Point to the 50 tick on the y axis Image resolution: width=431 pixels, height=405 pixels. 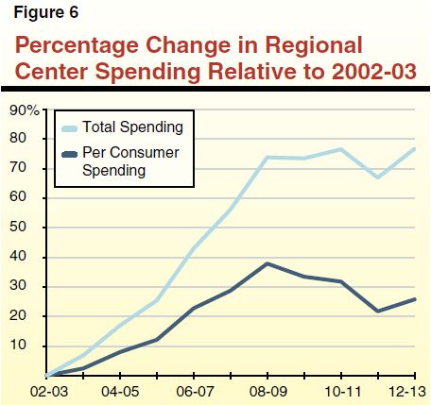31,228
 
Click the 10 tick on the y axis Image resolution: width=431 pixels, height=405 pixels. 31,346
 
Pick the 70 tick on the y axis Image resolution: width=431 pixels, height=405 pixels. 31,169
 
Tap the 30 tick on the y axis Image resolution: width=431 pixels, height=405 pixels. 31,287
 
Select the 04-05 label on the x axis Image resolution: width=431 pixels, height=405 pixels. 121,389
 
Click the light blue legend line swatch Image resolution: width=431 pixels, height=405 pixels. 69,127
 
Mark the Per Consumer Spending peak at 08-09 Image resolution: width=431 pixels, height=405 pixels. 268,263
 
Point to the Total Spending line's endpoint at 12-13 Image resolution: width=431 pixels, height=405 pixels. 416,148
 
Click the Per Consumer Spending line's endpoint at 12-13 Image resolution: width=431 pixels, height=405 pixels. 416,299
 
